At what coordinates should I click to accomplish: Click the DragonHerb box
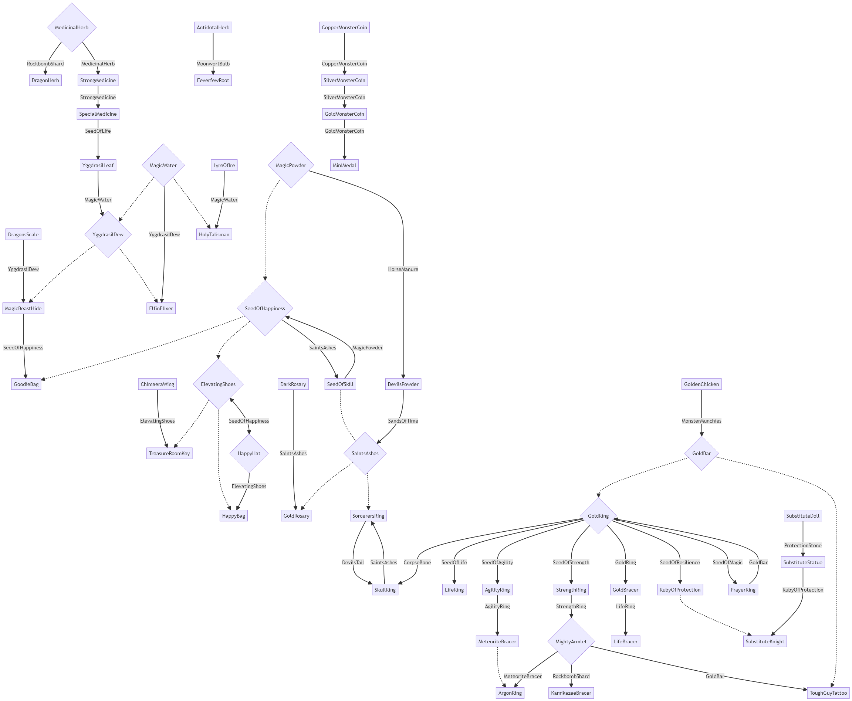point(45,80)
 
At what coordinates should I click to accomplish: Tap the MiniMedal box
point(344,165)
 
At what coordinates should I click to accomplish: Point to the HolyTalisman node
point(214,235)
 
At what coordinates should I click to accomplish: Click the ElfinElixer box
point(161,308)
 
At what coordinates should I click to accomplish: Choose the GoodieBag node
point(26,384)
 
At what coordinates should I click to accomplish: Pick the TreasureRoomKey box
point(169,454)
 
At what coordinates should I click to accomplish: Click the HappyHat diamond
point(249,454)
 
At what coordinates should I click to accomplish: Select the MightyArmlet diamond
point(571,641)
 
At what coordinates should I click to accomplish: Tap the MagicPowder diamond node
point(291,165)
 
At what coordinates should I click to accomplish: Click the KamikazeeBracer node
point(571,693)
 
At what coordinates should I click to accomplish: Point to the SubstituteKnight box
point(765,641)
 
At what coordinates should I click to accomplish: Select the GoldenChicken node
point(701,384)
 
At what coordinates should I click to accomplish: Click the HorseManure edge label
point(403,269)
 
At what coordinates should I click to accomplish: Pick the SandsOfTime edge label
point(403,421)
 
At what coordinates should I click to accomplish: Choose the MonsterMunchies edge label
point(701,421)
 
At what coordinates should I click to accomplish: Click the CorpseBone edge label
point(417,562)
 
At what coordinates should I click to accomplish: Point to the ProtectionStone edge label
point(803,546)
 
